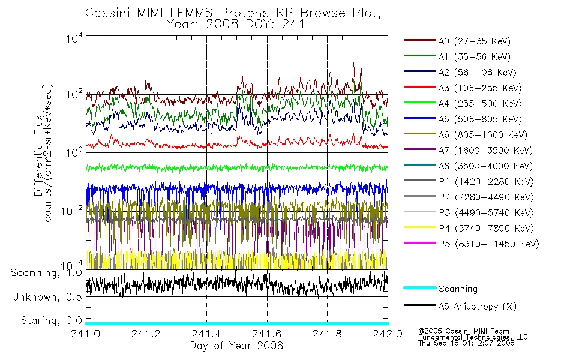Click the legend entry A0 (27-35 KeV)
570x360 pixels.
tap(475, 41)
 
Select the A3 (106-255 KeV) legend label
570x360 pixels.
tap(480, 88)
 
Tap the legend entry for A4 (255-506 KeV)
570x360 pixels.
tap(480, 104)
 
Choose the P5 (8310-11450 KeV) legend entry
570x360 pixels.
tap(489, 244)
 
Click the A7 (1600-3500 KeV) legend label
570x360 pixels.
tap(485, 151)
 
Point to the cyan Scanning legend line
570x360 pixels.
tap(420, 287)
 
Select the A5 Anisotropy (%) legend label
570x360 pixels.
tap(478, 307)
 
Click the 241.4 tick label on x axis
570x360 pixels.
tap(206, 334)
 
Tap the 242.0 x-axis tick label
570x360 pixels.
tap(388, 334)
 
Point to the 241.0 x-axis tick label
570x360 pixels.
tap(85, 334)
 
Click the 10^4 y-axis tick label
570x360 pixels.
tap(74, 38)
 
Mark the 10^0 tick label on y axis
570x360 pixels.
tap(74, 152)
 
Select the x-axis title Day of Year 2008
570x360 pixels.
tap(236, 346)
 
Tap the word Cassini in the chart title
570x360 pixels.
tap(108, 13)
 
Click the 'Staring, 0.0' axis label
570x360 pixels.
tap(52, 321)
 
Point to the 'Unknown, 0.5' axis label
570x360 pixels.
tap(47, 297)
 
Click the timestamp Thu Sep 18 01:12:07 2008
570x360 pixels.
tap(466, 343)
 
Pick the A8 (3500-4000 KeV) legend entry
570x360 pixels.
tap(485, 166)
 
